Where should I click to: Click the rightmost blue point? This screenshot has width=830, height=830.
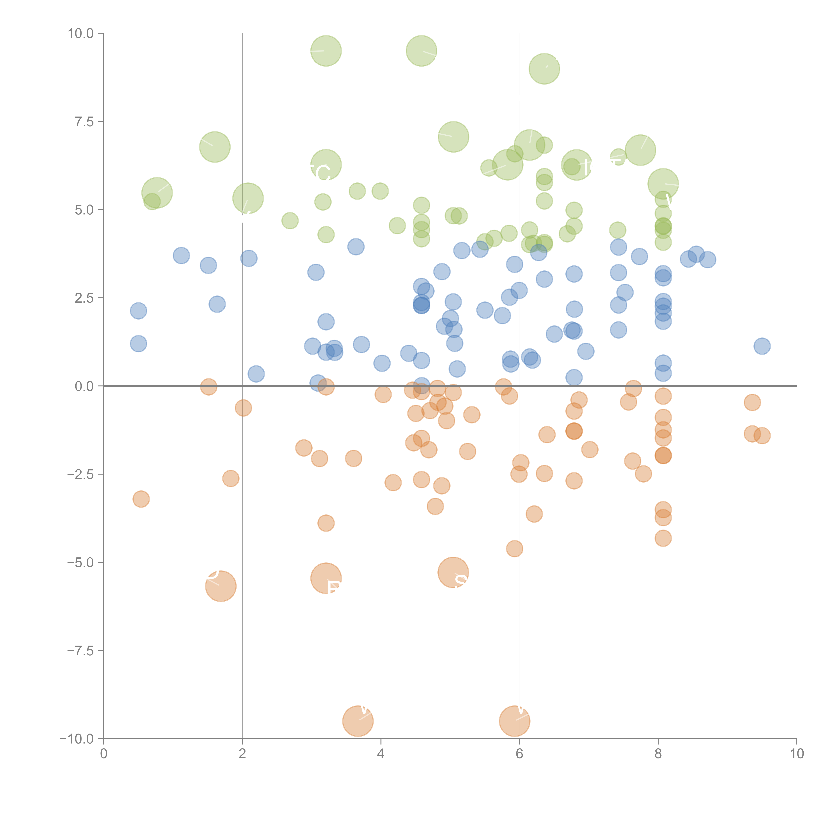762,346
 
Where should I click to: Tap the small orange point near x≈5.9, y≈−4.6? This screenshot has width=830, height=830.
514,549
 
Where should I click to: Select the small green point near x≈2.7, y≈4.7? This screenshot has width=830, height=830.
290,221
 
